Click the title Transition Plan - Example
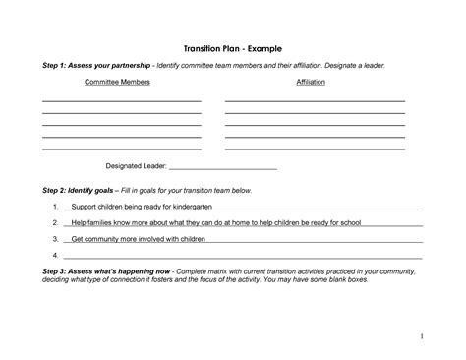(233, 47)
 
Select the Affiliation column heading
(311, 82)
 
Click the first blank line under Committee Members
(122, 100)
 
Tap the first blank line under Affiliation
(315, 100)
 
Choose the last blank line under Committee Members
(122, 149)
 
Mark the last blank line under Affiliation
(315, 149)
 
